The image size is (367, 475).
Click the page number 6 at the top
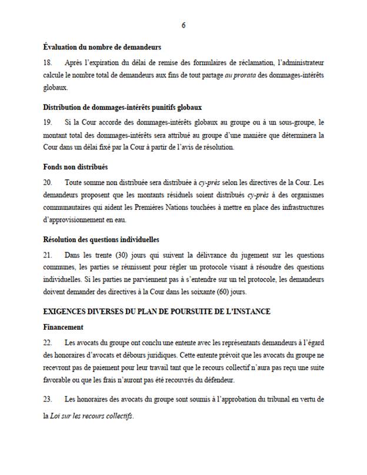point(183,24)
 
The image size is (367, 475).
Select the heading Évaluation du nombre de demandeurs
point(102,47)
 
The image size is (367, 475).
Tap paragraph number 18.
point(48,62)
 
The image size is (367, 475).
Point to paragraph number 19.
point(48,122)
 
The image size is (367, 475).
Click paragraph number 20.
point(49,182)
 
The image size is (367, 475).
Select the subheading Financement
point(64,326)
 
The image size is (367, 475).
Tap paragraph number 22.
point(48,342)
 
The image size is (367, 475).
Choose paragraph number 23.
point(48,400)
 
